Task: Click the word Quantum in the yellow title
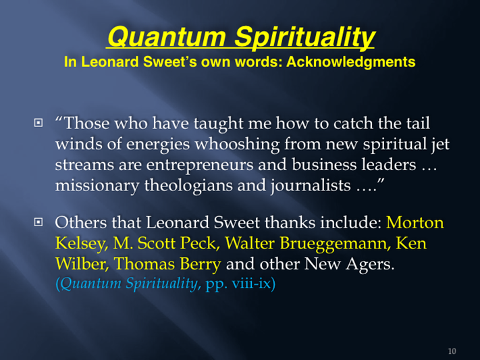167,36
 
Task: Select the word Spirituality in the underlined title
304,37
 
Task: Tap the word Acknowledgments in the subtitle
351,62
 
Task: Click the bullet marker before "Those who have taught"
38,123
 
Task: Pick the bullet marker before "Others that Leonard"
38,222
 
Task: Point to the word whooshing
237,145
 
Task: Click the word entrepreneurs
200,165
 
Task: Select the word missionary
97,186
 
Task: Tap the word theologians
188,186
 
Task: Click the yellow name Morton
415,223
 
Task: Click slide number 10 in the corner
452,351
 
